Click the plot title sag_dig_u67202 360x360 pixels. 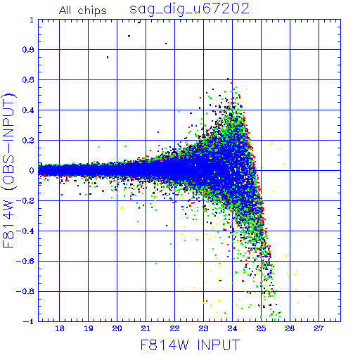tap(189, 9)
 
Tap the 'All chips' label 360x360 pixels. tap(83, 11)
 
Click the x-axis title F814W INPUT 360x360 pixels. tap(190, 345)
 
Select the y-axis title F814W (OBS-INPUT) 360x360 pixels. tap(8, 170)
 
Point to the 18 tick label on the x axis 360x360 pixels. tap(60, 328)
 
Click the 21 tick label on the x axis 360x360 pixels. tap(146, 328)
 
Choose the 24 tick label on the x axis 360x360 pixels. tap(232, 328)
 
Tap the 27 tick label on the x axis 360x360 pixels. tap(319, 328)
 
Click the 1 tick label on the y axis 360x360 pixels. tap(32, 20)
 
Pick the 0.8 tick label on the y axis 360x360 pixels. tap(28, 50)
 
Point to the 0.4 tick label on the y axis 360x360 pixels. tap(28, 110)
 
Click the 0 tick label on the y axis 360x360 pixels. tap(32, 170)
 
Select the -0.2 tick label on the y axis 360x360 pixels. tap(25, 201)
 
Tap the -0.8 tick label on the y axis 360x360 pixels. tap(25, 292)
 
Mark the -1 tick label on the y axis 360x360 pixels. tap(29, 321)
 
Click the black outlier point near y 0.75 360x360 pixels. tap(108, 57)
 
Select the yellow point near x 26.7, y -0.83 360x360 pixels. tap(310, 296)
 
